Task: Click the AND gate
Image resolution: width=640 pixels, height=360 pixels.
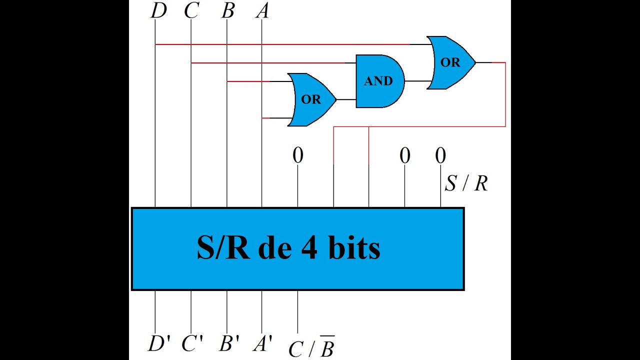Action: (x=380, y=81)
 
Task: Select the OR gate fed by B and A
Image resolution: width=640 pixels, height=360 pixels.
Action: (x=312, y=99)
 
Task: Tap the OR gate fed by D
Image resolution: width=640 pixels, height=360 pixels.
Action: (x=451, y=62)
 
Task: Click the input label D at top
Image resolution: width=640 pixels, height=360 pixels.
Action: (x=158, y=11)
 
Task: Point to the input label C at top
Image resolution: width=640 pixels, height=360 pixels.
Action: (x=191, y=11)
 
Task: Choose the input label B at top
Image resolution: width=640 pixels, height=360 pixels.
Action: (x=227, y=11)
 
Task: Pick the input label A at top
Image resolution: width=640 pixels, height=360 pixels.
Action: (x=262, y=11)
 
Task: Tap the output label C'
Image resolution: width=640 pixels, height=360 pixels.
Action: (x=192, y=343)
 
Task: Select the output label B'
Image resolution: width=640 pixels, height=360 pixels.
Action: (x=229, y=343)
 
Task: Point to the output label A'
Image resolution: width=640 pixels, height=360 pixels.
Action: (x=262, y=343)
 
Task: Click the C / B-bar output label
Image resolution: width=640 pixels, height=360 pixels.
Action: (x=311, y=347)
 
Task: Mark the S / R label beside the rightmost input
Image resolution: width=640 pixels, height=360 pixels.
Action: (x=466, y=183)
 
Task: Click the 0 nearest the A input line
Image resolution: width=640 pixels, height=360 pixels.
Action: (x=297, y=155)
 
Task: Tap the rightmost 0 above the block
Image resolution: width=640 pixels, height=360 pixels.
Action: (x=440, y=155)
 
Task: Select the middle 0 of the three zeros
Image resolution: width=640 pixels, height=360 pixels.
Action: (x=405, y=155)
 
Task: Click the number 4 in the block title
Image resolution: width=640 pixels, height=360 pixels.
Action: (x=309, y=247)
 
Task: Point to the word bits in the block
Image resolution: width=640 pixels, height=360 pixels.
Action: (x=354, y=247)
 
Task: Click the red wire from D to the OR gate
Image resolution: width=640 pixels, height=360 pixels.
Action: (x=282, y=44)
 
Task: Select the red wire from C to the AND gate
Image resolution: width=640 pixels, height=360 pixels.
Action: (x=268, y=63)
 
